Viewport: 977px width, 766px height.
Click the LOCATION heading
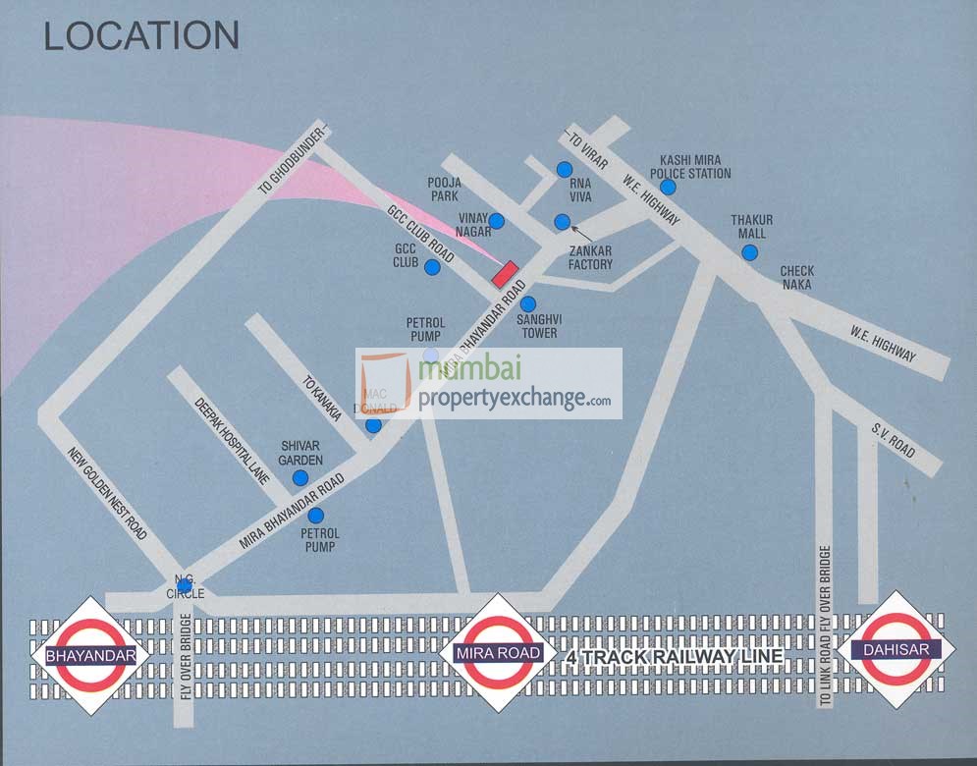140,36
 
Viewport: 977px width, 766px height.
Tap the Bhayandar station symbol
89,654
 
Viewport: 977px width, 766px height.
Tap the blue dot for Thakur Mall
749,252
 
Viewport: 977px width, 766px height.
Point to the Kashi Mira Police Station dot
668,187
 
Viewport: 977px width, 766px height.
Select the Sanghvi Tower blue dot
528,303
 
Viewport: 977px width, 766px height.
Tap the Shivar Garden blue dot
299,477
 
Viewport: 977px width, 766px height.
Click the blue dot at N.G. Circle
184,586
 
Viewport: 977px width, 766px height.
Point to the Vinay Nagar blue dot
497,221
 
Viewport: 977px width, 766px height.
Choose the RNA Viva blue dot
565,170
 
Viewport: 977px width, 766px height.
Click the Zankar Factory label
590,257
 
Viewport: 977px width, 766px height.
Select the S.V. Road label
893,439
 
